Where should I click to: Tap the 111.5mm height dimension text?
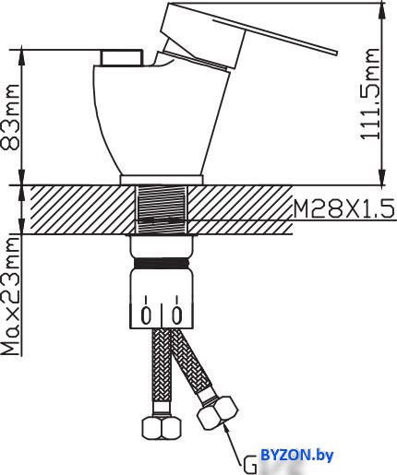[x=370, y=94]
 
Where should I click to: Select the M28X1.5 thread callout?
[x=343, y=208]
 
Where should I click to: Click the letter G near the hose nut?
[x=250, y=464]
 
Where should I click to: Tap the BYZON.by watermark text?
[x=297, y=456]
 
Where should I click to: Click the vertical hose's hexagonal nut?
[x=162, y=427]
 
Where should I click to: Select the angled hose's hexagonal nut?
[x=218, y=412]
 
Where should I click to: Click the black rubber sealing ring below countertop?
[x=162, y=264]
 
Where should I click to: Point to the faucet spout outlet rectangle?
[x=122, y=57]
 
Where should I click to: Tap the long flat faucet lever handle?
[x=275, y=37]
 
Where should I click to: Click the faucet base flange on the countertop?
[x=162, y=180]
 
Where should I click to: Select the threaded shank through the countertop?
[x=162, y=208]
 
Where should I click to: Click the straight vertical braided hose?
[x=161, y=370]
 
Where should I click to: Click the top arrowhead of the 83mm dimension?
[x=22, y=57]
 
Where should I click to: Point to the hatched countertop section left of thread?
[x=82, y=209]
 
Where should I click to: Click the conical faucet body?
[x=160, y=120]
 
